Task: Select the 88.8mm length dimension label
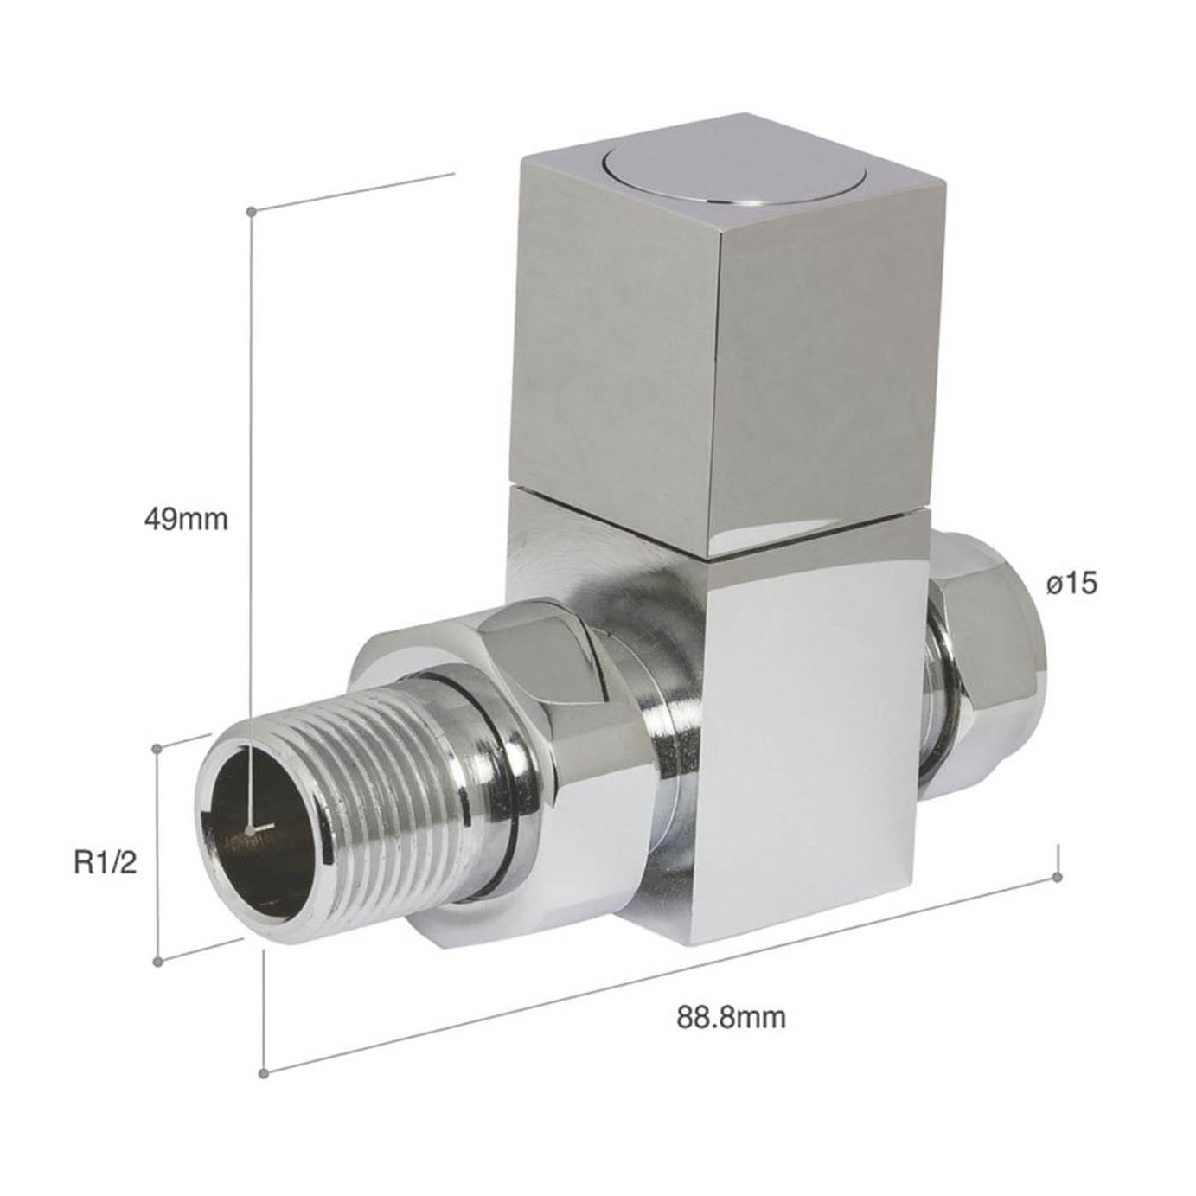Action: tap(731, 1017)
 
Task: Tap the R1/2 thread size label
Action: tap(105, 862)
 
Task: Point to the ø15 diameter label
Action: tap(1071, 585)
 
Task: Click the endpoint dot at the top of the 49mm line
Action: tap(251, 211)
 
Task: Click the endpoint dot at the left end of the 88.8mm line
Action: tap(265, 1073)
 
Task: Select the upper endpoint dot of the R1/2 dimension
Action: tap(157, 748)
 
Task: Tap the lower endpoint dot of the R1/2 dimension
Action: tap(157, 962)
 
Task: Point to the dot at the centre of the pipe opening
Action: tap(251, 830)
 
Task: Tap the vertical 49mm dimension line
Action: tap(251, 432)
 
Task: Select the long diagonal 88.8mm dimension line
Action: tap(657, 976)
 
